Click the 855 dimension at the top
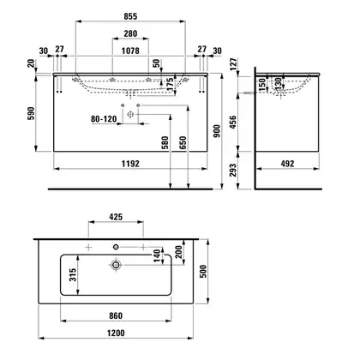pos(130,16)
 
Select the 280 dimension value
pos(130,33)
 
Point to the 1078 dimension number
pos(130,51)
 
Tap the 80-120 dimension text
pos(104,118)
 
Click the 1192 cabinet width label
pos(130,164)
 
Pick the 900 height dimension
pos(218,131)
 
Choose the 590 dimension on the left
pos(31,113)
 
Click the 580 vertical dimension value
pos(165,143)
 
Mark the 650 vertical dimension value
pos(183,143)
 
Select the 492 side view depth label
pos(287,164)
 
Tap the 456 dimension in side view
pos(233,122)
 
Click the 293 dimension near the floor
pos(233,170)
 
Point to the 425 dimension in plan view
pos(116,217)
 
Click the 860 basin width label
pos(116,315)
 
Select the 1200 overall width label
pos(116,333)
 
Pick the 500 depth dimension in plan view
pos(203,272)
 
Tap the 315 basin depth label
pos(73,274)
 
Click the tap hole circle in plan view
pos(116,247)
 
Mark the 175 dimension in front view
pos(170,84)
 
